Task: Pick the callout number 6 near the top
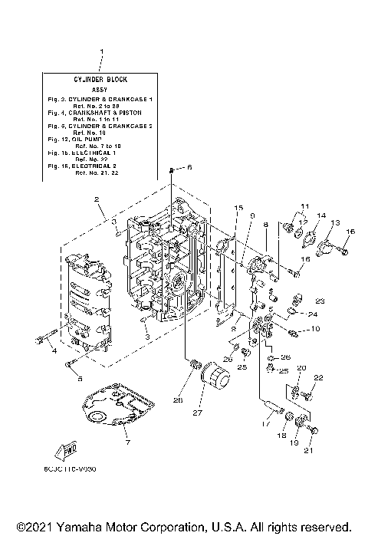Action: [190, 167]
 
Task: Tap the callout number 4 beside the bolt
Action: [54, 351]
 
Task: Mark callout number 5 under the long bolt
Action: [80, 378]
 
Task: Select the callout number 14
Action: [321, 215]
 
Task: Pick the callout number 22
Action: [319, 377]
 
